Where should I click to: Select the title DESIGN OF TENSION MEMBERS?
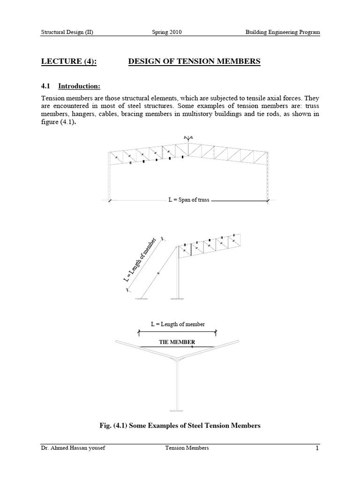click(194, 61)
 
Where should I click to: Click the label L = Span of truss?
click(188, 200)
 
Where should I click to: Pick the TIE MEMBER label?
click(178, 342)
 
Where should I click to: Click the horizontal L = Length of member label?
click(178, 324)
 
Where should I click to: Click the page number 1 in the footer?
click(317, 449)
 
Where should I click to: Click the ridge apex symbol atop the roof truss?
click(188, 137)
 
